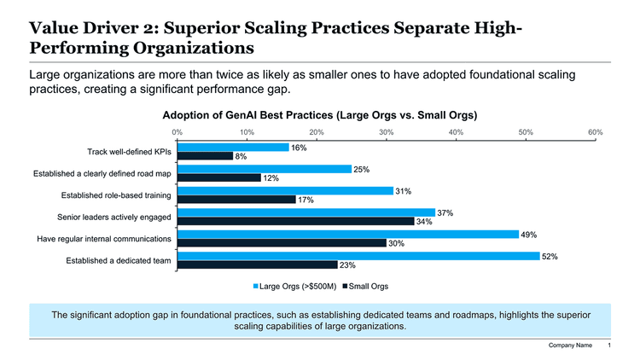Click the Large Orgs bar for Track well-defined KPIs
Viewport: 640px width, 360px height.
[232, 148]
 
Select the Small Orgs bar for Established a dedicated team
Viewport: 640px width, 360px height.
[257, 265]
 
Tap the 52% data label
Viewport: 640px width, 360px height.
[550, 257]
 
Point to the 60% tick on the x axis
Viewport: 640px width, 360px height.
[595, 132]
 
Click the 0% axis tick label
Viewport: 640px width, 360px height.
[177, 132]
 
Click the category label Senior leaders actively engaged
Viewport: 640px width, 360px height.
[113, 217]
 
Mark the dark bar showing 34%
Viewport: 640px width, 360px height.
[294, 222]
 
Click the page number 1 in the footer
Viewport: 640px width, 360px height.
[609, 345]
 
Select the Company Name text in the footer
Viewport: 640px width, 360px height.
[570, 345]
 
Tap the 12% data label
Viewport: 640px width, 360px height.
[271, 178]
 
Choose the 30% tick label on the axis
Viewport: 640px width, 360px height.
[386, 132]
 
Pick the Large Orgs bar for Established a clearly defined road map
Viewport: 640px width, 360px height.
[264, 169]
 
